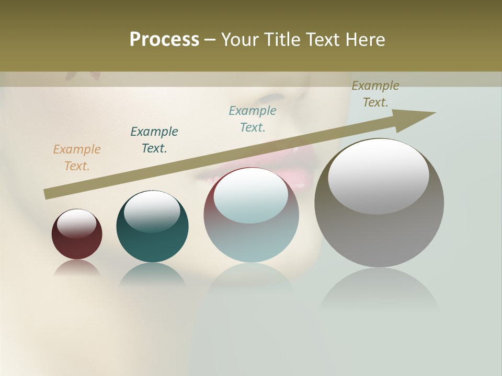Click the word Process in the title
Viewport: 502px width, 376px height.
[164, 40]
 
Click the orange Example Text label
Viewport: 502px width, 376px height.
[77, 158]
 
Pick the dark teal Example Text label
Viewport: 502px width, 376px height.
[154, 140]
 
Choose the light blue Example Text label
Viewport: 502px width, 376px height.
[253, 119]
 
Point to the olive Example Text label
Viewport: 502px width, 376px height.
[375, 94]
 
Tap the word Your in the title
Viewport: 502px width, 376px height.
[239, 40]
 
